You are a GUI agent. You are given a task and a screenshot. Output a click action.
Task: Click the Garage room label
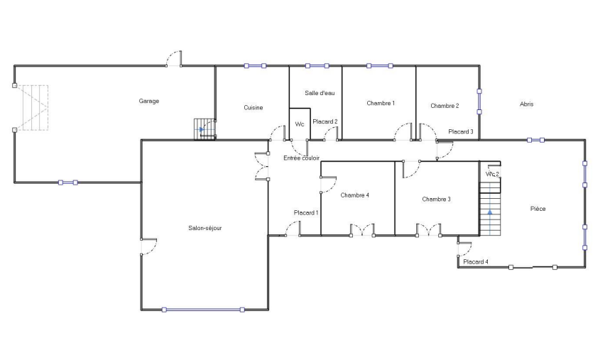click(149, 102)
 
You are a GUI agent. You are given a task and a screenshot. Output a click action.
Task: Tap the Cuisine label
click(254, 108)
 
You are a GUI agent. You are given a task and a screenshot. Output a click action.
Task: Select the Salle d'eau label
click(320, 93)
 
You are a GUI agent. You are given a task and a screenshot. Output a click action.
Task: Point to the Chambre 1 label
click(381, 103)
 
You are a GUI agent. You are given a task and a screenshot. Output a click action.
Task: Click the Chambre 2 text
click(445, 106)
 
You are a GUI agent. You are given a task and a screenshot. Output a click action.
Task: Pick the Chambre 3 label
click(437, 200)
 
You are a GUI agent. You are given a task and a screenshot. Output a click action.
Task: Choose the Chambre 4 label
click(355, 195)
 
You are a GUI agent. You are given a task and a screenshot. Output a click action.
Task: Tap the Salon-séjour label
click(205, 228)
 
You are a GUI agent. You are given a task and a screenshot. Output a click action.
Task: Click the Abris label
click(527, 104)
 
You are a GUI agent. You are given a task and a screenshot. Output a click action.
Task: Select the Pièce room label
click(538, 209)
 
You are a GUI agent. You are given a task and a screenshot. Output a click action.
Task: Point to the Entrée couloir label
click(302, 158)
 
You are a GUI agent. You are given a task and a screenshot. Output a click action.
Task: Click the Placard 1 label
click(306, 213)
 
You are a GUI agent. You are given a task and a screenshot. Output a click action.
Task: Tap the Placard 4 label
click(476, 262)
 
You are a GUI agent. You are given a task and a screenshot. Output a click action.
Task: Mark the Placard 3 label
click(461, 132)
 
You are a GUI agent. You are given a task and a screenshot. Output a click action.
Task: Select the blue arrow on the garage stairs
click(201, 129)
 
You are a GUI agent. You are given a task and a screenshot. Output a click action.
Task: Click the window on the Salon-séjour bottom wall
click(203, 310)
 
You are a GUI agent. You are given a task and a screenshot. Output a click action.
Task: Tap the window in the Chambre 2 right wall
click(479, 102)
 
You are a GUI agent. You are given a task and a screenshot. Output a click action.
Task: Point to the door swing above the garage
click(174, 58)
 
